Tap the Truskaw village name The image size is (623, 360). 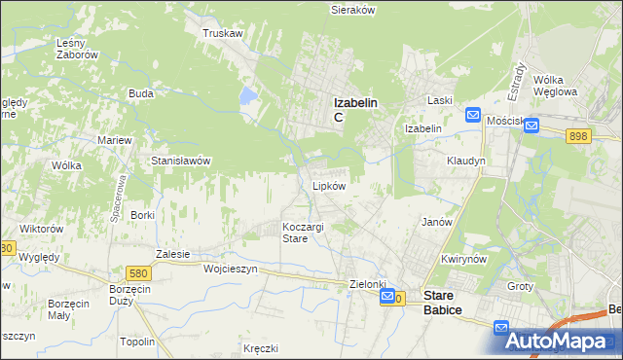(222, 33)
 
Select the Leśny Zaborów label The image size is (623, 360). (78, 49)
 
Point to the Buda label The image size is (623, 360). (141, 94)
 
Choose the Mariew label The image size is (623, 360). (114, 140)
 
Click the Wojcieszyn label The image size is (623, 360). (230, 269)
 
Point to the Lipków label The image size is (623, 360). (328, 186)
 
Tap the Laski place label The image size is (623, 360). (441, 100)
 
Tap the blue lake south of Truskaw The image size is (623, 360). (248, 96)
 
